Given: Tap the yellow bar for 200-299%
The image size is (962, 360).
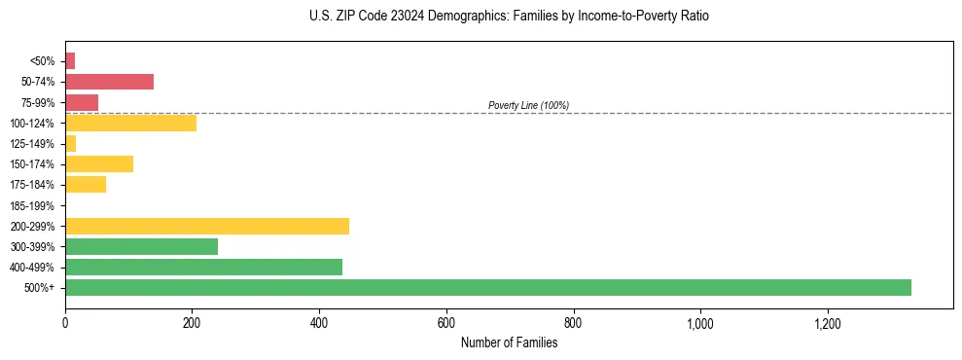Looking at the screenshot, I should pos(207,226).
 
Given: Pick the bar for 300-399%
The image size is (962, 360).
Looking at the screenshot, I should pos(141,246).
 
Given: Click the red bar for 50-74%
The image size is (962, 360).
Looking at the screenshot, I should pos(109,82).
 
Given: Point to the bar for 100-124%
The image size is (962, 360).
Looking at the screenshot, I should pos(130,123).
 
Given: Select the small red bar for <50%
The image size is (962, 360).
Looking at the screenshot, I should pos(70,61).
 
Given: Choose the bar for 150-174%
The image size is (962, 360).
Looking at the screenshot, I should pos(99,163).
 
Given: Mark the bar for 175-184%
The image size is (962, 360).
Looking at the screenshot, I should pos(86,184).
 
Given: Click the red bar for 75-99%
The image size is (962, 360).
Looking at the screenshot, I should pos(82,102).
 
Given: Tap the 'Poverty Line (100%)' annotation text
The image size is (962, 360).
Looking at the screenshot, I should pos(528,105).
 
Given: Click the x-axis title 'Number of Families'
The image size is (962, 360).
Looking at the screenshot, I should pos(509,342).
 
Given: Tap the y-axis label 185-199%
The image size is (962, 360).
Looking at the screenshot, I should pos(32,205).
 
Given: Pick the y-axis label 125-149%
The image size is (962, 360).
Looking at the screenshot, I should pos(32,144).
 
